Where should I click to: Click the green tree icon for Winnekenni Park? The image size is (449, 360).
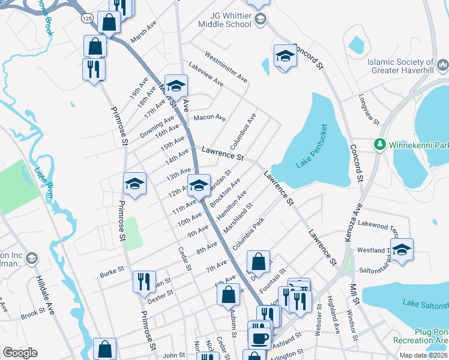(x=379, y=145)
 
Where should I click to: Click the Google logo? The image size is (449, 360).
(x=20, y=353)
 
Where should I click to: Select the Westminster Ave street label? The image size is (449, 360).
(x=226, y=67)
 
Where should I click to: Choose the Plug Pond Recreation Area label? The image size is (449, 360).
(x=431, y=336)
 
